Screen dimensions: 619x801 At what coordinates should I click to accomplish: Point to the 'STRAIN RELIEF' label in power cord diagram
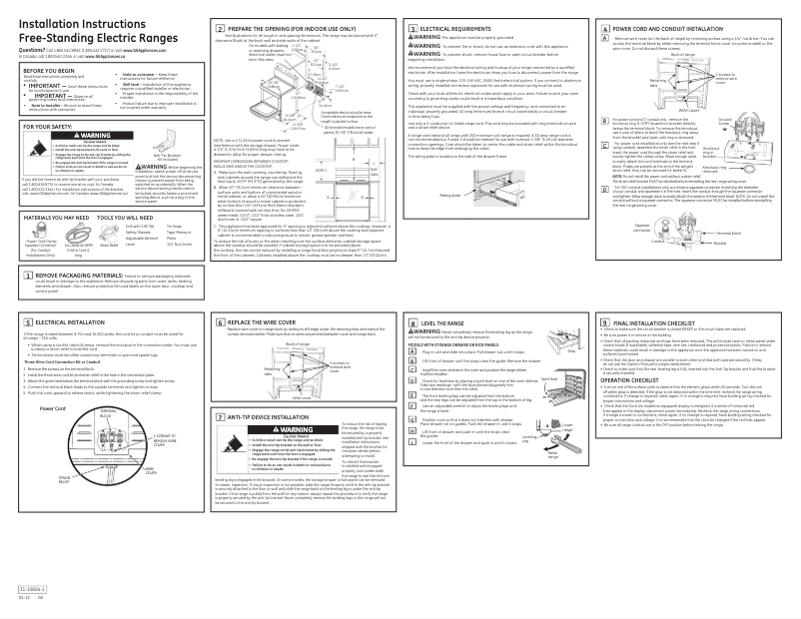[44, 453]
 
